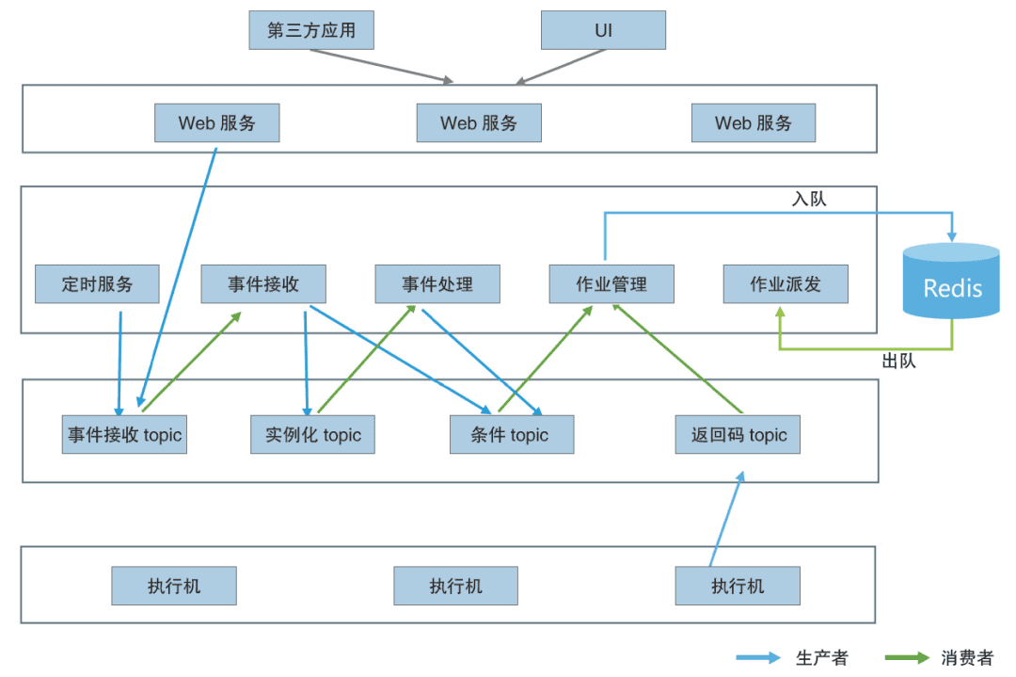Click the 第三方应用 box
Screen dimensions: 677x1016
[x=311, y=30]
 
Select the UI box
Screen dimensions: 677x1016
[x=603, y=30]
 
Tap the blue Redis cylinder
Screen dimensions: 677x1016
[x=951, y=282]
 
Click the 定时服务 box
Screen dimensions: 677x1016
[x=97, y=283]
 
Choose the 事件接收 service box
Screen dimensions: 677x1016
[x=263, y=283]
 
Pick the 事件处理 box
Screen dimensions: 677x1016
[x=437, y=283]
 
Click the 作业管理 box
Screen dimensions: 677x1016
[x=611, y=283]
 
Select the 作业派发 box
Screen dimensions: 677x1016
[x=786, y=283]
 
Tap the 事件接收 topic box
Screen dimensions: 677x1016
[x=124, y=435]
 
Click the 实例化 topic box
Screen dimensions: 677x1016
[x=312, y=435]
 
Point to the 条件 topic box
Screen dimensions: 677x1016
[x=512, y=435]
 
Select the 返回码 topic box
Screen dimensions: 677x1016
[x=738, y=435]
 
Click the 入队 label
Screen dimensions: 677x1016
[x=809, y=199]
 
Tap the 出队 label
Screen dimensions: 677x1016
[x=898, y=361]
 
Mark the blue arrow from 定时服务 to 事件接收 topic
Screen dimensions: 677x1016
[x=119, y=363]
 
